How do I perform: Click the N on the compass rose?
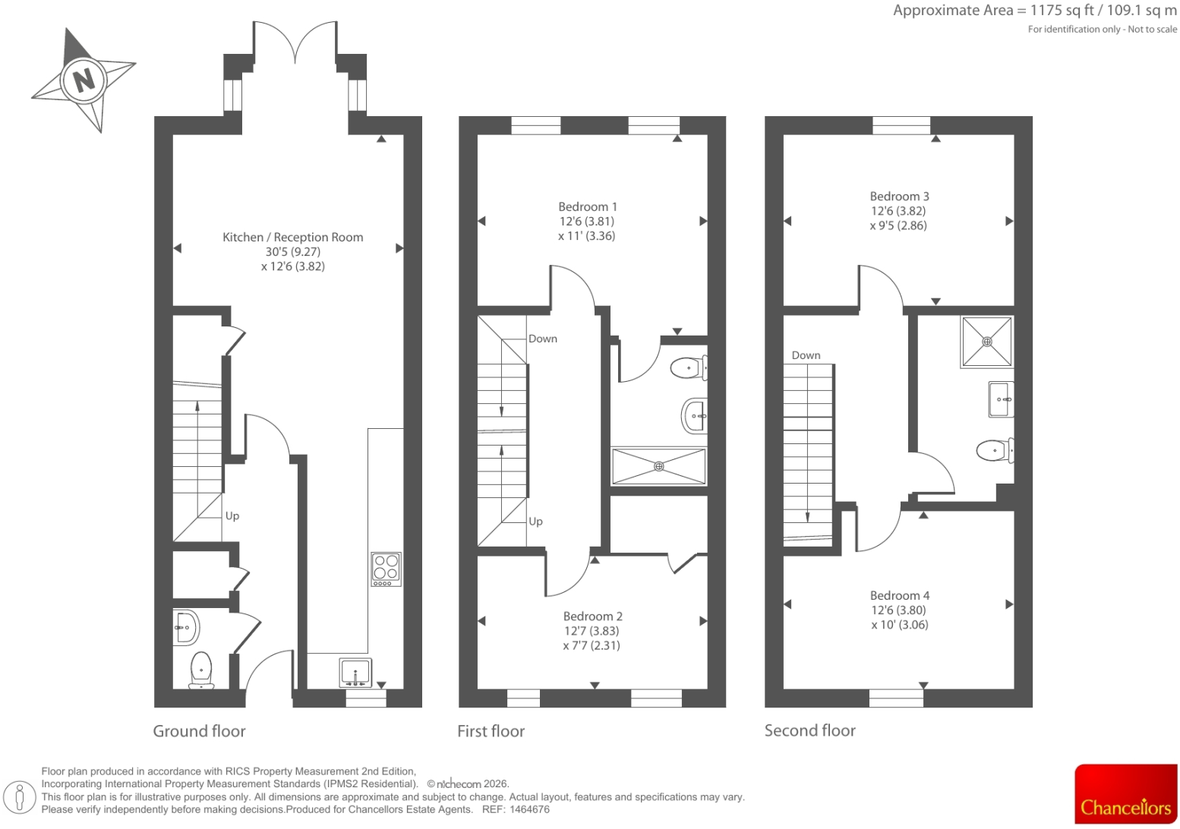tap(84, 80)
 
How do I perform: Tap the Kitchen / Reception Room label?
tap(293, 237)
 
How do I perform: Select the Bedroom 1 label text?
tap(588, 206)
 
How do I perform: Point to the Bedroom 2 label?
tap(592, 616)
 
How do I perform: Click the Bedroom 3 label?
tap(899, 197)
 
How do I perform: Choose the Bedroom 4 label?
tap(900, 596)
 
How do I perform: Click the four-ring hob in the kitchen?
tap(386, 569)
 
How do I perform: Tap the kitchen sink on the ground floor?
tap(355, 673)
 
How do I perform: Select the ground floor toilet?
tap(201, 670)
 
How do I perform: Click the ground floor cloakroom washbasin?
tap(186, 628)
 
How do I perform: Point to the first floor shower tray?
tap(659, 467)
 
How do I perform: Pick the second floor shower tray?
tap(986, 342)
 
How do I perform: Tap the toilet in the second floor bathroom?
tap(995, 450)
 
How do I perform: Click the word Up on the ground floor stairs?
tap(232, 516)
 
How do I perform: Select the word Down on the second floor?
tap(806, 355)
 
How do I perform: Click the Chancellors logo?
tap(1126, 793)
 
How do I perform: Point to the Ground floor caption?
tap(199, 731)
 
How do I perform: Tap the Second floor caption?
tap(809, 730)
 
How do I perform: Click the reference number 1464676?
tap(529, 809)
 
